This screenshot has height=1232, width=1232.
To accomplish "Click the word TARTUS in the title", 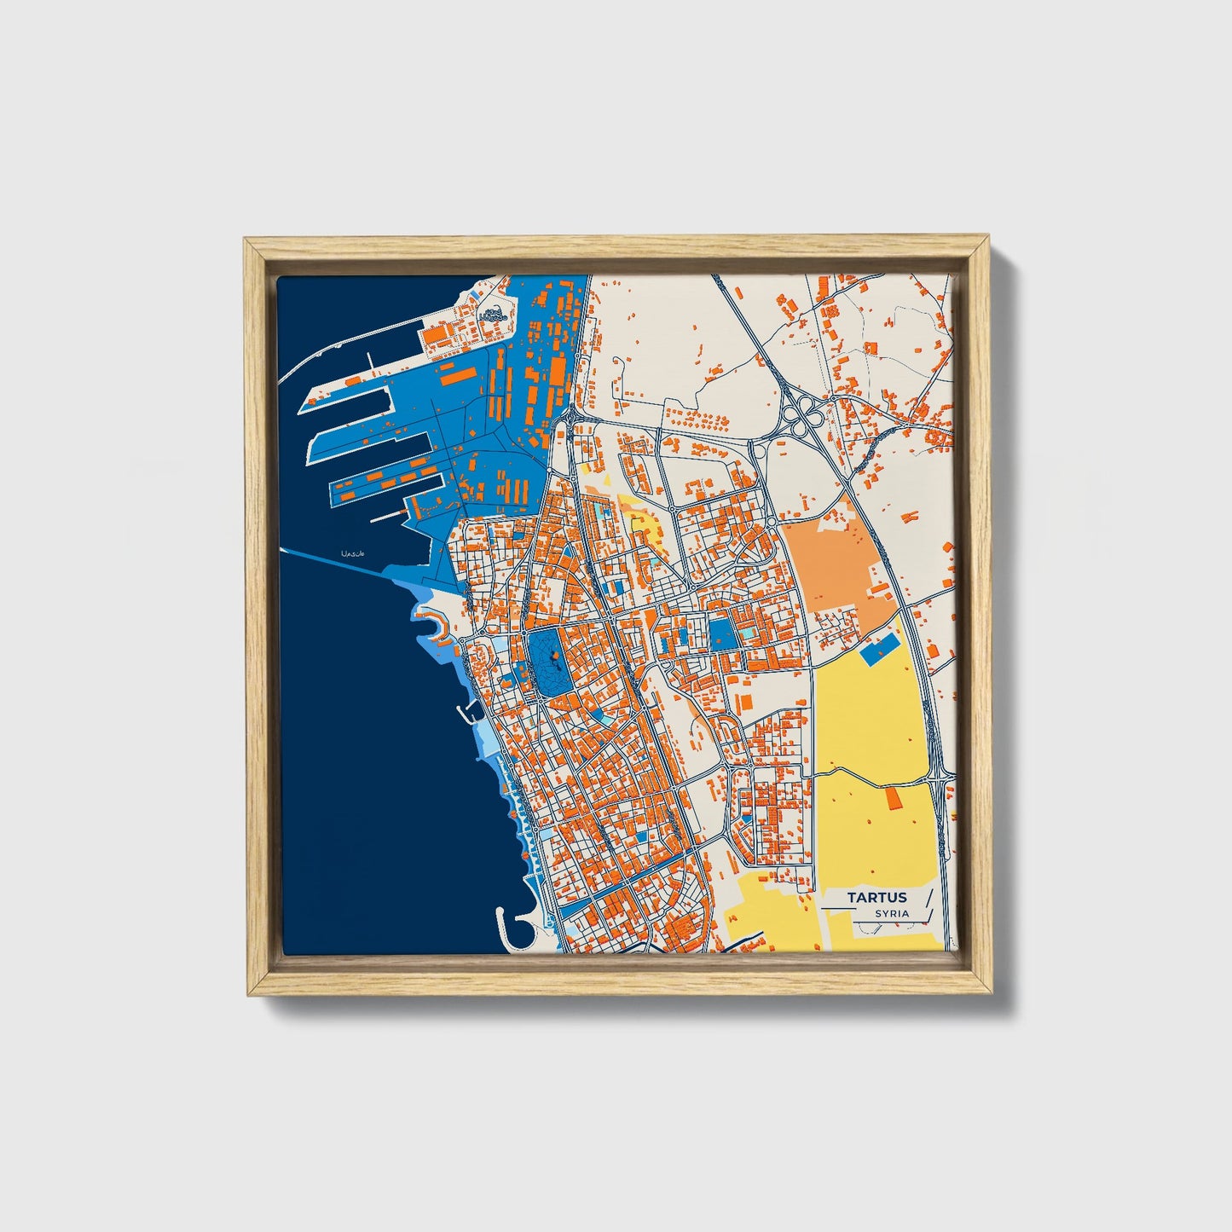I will [x=876, y=897].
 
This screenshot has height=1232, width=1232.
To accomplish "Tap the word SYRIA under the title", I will [x=891, y=914].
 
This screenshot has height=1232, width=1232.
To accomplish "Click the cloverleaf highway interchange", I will [x=802, y=415].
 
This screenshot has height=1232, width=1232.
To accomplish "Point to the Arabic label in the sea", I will [x=351, y=554].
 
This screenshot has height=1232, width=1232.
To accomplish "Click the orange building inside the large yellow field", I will [x=894, y=799].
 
